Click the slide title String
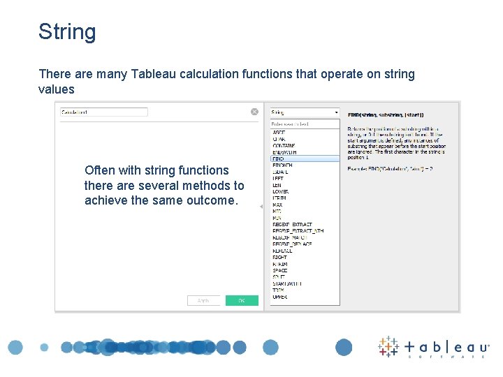coord(67,32)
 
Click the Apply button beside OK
coord(204,300)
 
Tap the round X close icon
coord(255,112)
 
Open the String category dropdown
coord(305,112)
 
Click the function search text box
coord(305,124)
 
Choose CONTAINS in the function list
coord(284,145)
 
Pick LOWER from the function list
coord(280,191)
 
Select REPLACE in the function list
coord(283,251)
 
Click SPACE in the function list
coord(280,271)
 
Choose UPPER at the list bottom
coord(279,297)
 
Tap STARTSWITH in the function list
coord(287,283)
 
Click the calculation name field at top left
coord(103,112)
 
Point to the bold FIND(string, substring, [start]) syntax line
coord(386,114)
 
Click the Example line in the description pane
coord(390,169)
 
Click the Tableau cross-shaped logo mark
coord(388,347)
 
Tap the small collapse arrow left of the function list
coord(261,207)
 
